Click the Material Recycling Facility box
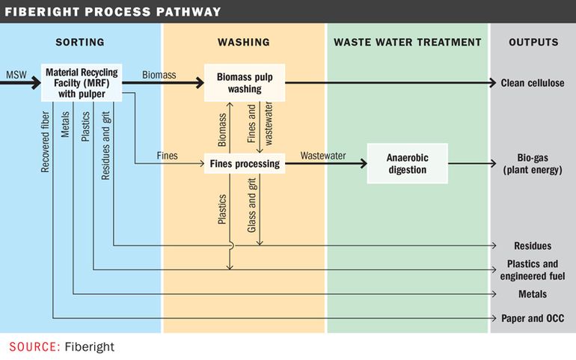click(82, 83)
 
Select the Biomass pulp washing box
click(245, 83)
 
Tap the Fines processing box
click(245, 163)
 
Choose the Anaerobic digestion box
click(408, 163)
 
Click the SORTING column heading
click(80, 43)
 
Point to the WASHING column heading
click(244, 43)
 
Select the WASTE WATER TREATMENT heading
click(408, 43)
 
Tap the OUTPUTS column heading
click(533, 43)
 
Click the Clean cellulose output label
click(533, 83)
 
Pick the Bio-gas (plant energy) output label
click(533, 164)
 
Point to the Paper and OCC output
click(533, 318)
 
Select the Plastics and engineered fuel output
click(533, 270)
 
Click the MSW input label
click(16, 75)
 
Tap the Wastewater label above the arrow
click(323, 156)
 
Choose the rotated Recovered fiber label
click(45, 142)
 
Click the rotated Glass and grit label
click(251, 205)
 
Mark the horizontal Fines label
click(167, 156)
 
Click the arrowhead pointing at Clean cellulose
click(493, 83)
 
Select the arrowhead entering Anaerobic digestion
click(363, 163)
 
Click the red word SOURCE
click(34, 347)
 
